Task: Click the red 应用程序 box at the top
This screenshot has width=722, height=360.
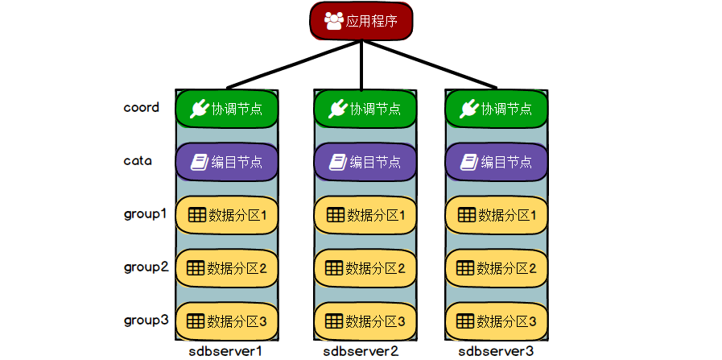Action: pyautogui.click(x=361, y=21)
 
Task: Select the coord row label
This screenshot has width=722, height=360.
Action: pyautogui.click(x=142, y=107)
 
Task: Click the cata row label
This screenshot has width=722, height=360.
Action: pyautogui.click(x=138, y=160)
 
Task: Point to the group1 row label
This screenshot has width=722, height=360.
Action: pyautogui.click(x=146, y=214)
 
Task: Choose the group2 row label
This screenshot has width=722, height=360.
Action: pyautogui.click(x=146, y=267)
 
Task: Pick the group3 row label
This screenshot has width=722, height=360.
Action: pyautogui.click(x=146, y=320)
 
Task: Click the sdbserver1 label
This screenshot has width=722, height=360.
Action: pyautogui.click(x=226, y=351)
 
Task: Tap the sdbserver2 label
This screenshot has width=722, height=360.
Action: pyautogui.click(x=361, y=351)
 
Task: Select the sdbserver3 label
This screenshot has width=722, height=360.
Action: pyautogui.click(x=496, y=351)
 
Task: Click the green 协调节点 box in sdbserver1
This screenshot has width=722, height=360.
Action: pyautogui.click(x=227, y=110)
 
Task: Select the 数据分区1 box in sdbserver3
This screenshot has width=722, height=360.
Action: pyautogui.click(x=497, y=215)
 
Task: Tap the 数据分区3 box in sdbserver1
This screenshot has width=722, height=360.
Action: pyautogui.click(x=227, y=321)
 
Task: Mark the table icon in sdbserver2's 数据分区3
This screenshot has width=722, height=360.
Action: pyautogui.click(x=332, y=321)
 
